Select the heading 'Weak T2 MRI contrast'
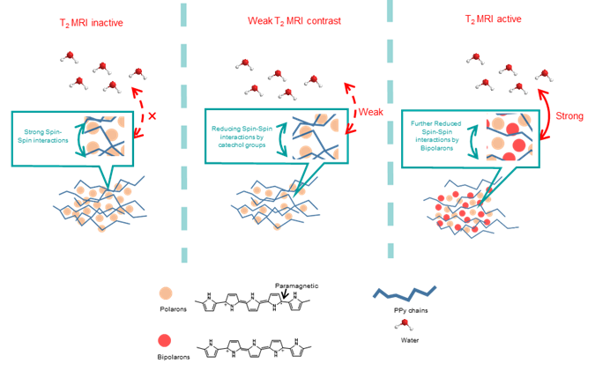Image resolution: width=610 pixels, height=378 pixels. click(x=281, y=22)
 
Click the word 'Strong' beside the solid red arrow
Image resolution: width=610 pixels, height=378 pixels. click(x=581, y=114)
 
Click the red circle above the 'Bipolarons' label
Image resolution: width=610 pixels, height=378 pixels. click(x=163, y=339)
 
